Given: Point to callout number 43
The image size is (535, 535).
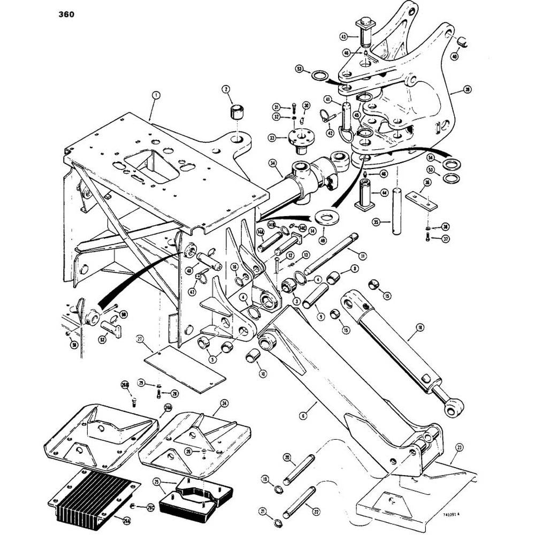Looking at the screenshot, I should tap(343, 36).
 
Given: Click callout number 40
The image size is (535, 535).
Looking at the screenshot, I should tap(455, 56).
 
